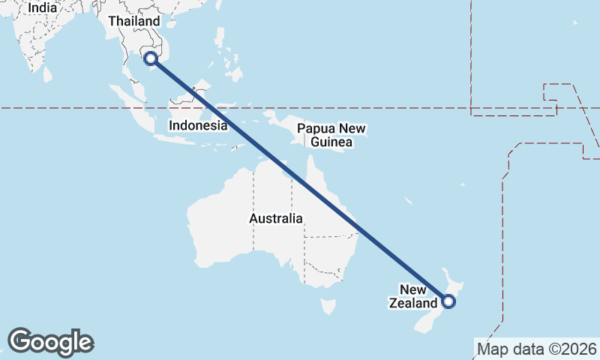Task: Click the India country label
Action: (42, 7)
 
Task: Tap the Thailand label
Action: (134, 21)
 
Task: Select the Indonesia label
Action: (198, 125)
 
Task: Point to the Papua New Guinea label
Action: (331, 135)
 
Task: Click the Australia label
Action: (276, 219)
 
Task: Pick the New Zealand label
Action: (413, 297)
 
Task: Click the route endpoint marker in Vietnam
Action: (151, 58)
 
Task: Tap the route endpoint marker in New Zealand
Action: (448, 301)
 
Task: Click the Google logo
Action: (50, 342)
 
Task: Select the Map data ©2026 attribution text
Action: (537, 349)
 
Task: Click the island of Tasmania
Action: (328, 306)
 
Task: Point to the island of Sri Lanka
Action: (48, 74)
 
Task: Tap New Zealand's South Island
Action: (424, 322)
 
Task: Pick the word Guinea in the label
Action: (331, 142)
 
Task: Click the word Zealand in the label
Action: (412, 304)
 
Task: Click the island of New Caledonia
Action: (408, 201)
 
